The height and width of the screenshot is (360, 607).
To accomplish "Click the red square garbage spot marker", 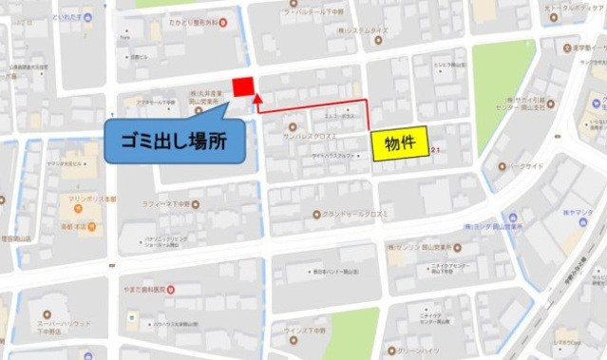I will pyautogui.click(x=243, y=87).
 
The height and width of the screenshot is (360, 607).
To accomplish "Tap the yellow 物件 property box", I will pyautogui.click(x=400, y=143).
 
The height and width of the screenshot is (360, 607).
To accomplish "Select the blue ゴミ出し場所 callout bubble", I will pyautogui.click(x=170, y=141).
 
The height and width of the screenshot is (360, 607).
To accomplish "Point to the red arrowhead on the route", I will pyautogui.click(x=256, y=97).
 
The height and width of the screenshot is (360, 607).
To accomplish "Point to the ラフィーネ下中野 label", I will pyautogui.click(x=170, y=204).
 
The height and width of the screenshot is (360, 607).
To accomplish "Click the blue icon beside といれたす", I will pyautogui.click(x=87, y=17).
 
